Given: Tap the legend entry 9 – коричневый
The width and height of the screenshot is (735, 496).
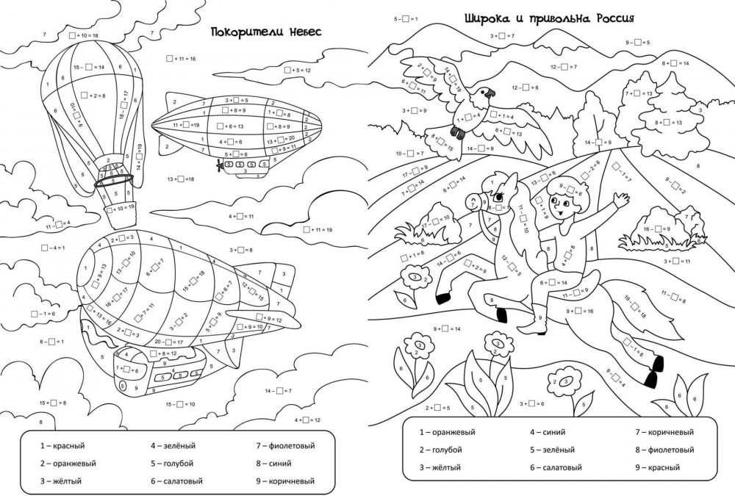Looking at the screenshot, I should tap(285, 481).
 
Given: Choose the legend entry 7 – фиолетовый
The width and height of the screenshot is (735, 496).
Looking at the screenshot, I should tap(285, 445).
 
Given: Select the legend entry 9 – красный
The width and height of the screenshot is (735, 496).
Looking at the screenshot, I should tap(657, 467).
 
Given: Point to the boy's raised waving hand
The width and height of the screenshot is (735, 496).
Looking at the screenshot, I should tap(621, 199).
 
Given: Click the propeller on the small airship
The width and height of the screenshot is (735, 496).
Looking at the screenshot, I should tap(218, 165).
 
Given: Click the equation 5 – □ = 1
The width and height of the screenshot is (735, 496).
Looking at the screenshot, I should tap(406, 17).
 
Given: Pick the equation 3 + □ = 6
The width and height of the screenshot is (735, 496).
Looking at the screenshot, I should tap(531, 403).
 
